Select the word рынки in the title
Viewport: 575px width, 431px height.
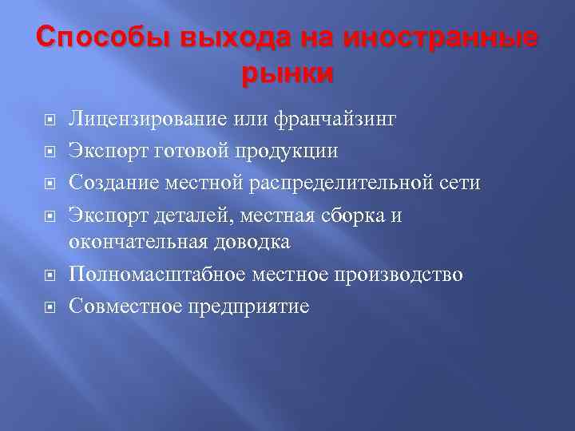pyautogui.click(x=287, y=74)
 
